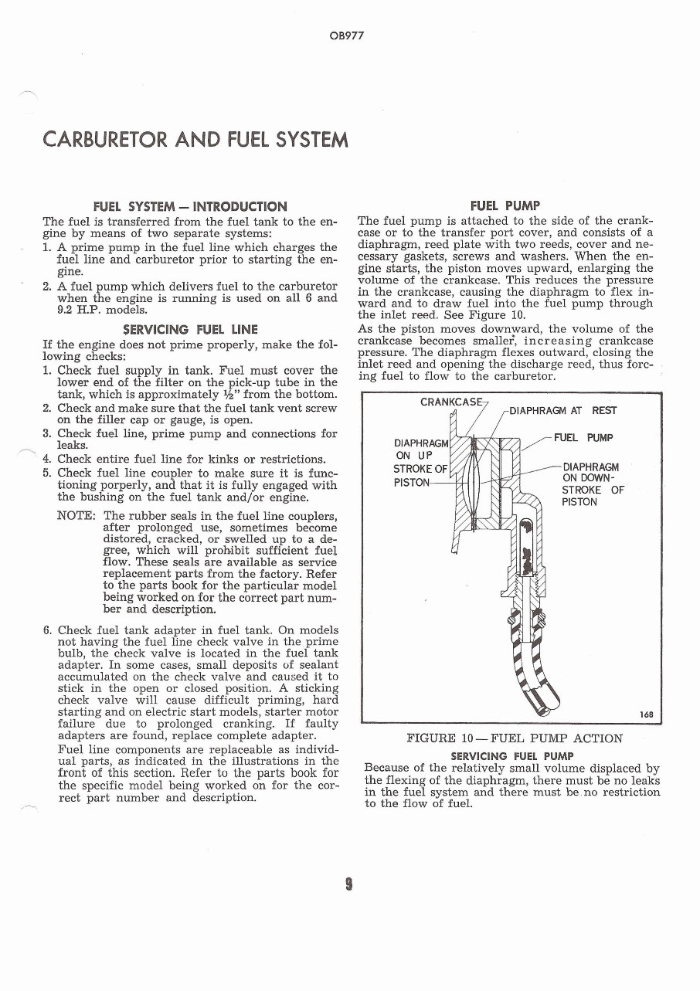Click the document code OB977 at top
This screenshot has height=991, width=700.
349,36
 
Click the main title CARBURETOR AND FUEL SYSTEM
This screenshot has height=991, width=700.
195,140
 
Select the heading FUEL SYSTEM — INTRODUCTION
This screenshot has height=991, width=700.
190,206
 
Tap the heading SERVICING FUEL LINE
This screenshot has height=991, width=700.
190,329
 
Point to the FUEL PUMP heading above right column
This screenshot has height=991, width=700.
505,205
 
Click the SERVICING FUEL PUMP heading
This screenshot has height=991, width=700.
511,755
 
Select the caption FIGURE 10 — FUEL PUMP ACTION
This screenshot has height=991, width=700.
514,738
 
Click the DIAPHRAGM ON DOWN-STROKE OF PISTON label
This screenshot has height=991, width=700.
592,484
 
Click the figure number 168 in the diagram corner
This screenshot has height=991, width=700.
647,714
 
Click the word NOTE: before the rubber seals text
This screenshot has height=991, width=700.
77,515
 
